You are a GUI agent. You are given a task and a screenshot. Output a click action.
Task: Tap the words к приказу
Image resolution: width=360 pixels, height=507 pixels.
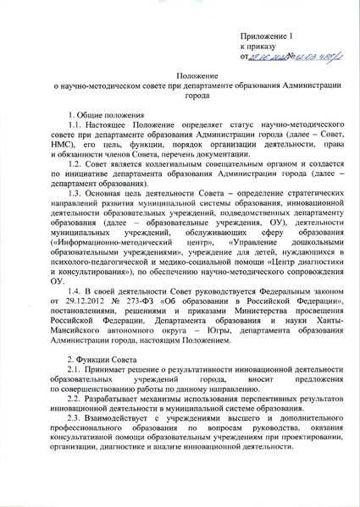click(258, 47)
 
